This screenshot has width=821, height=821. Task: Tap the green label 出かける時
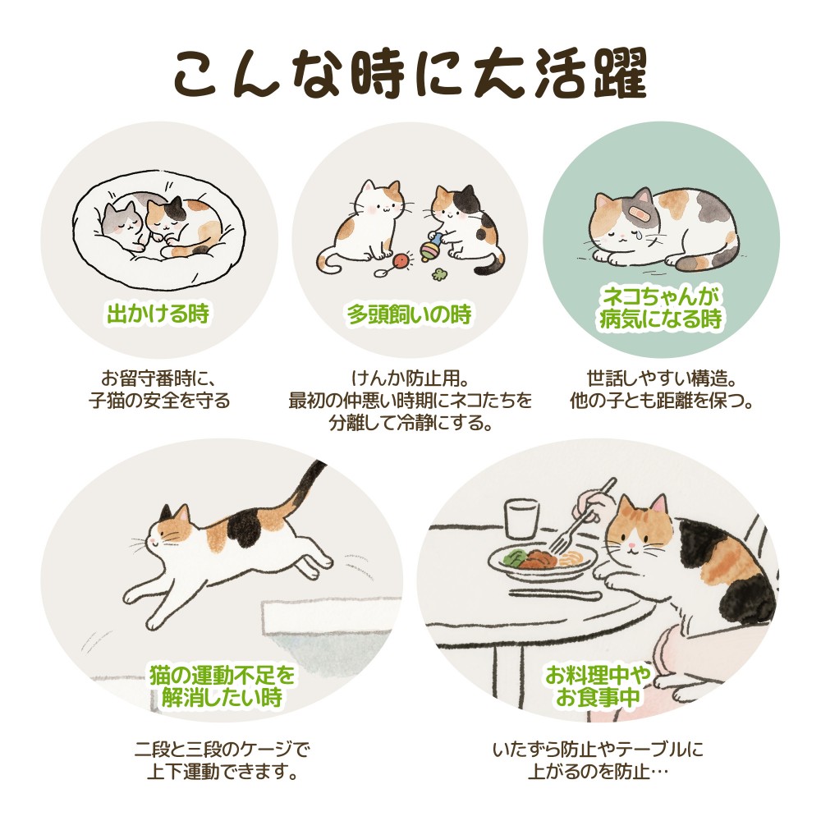coord(158,314)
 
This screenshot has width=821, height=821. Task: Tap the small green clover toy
coord(438,274)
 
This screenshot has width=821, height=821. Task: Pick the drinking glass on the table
coord(522,519)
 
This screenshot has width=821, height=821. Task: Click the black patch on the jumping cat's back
coord(244,529)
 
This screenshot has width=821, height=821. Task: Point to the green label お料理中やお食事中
coord(598,686)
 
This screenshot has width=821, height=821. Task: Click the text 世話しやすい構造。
coord(661,378)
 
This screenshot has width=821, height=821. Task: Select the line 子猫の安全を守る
coord(159,401)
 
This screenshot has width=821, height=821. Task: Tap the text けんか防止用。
coord(410,378)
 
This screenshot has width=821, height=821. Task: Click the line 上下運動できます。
coord(222,771)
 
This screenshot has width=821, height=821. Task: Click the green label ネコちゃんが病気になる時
coord(661,307)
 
